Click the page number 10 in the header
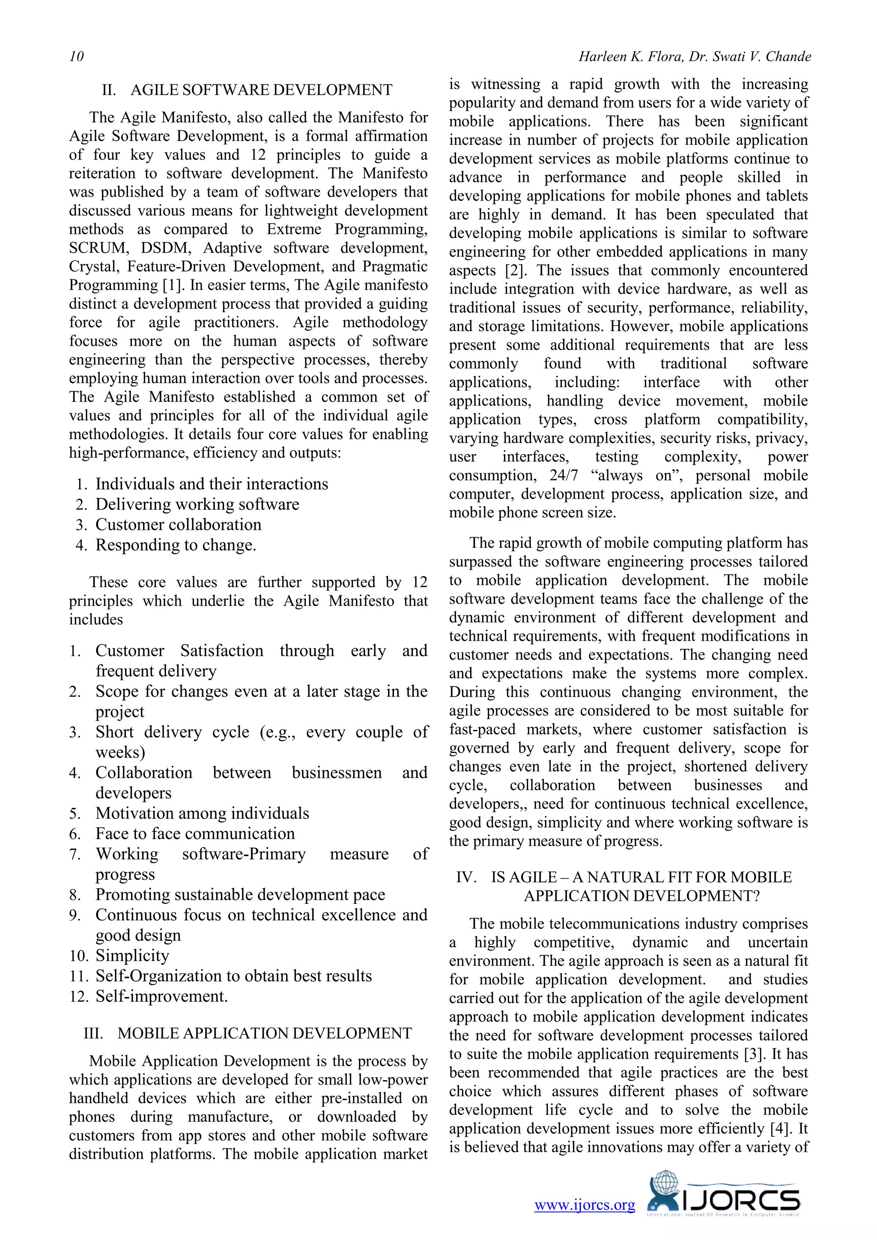[x=77, y=57]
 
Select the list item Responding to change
[x=176, y=545]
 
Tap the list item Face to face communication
[x=195, y=834]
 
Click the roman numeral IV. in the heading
[x=466, y=877]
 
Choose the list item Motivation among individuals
[x=202, y=813]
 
